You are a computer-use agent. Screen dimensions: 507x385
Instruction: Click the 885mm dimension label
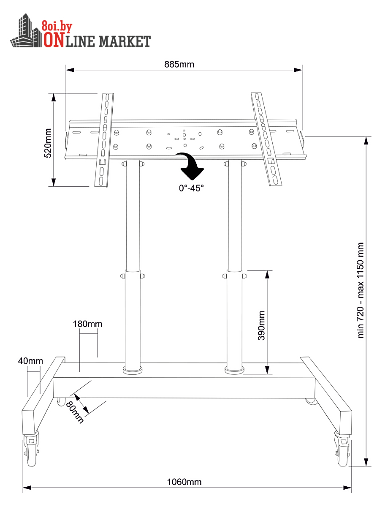point(179,64)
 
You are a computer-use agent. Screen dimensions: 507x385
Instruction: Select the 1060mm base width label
point(184,482)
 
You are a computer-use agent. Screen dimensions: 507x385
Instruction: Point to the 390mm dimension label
point(262,325)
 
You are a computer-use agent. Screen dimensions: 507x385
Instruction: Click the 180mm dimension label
point(88,324)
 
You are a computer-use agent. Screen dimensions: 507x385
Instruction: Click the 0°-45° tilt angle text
point(191,188)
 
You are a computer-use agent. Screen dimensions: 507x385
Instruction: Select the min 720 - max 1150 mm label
point(361,290)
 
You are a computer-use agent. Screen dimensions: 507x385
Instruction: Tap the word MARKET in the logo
point(125,41)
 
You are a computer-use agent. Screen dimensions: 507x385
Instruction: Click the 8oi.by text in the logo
point(57,27)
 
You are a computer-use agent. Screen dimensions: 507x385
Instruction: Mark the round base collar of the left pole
point(133,371)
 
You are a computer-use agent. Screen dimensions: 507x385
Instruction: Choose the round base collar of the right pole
point(235,370)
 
